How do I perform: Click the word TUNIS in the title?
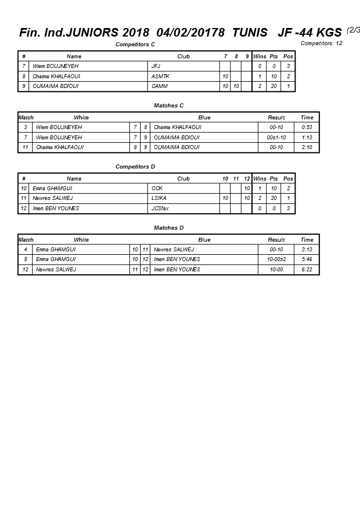[x=250, y=33]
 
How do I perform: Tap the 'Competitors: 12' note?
[x=322, y=43]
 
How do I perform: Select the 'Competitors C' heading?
[x=135, y=44]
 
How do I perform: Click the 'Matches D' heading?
[x=169, y=228]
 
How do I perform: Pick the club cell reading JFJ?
[x=156, y=66]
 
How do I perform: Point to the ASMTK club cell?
[x=161, y=76]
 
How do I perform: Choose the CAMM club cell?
[x=159, y=86]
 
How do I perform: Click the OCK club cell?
[x=157, y=188]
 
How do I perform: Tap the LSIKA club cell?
[x=159, y=198]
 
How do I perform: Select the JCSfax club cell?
[x=160, y=209]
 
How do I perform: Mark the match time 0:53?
[x=307, y=127]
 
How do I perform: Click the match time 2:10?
[x=307, y=147]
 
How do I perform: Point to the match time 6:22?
[x=307, y=270]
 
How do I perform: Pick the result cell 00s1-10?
[x=277, y=138]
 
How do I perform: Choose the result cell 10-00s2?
[x=277, y=259]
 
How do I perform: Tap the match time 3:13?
[x=307, y=250]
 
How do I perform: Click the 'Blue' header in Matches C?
[x=204, y=118]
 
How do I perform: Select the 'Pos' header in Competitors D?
[x=288, y=179]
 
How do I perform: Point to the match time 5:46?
[x=307, y=259]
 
